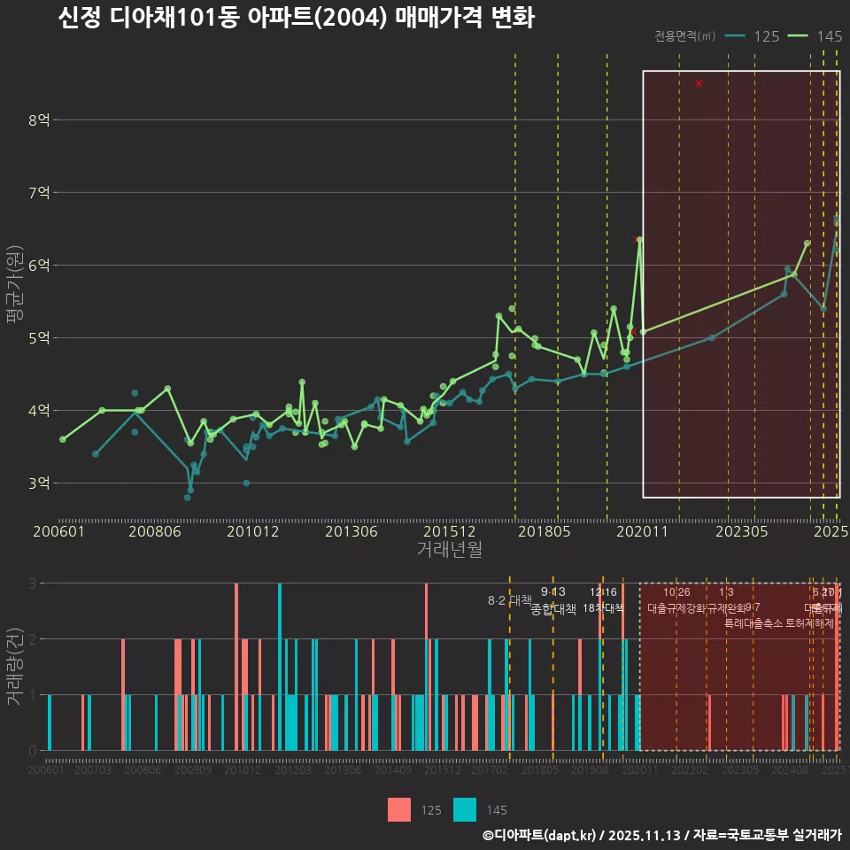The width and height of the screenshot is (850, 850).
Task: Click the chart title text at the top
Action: click(x=296, y=19)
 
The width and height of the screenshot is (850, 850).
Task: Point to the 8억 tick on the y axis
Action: click(x=39, y=120)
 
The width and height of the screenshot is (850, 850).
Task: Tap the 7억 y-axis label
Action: click(x=39, y=192)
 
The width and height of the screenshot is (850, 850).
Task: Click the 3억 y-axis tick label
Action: click(x=39, y=483)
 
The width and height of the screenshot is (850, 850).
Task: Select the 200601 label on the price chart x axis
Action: click(x=58, y=532)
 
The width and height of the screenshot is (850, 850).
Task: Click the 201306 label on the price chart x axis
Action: click(x=352, y=532)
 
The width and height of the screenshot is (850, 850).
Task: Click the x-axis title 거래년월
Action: click(x=449, y=550)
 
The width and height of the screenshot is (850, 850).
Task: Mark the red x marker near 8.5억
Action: click(x=699, y=83)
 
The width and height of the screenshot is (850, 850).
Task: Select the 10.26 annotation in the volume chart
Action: click(x=676, y=592)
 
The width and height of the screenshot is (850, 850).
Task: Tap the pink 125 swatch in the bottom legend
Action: click(x=399, y=809)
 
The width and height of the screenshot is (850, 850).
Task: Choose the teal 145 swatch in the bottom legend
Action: click(x=465, y=809)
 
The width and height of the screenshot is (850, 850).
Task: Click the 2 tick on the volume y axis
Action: click(x=33, y=639)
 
